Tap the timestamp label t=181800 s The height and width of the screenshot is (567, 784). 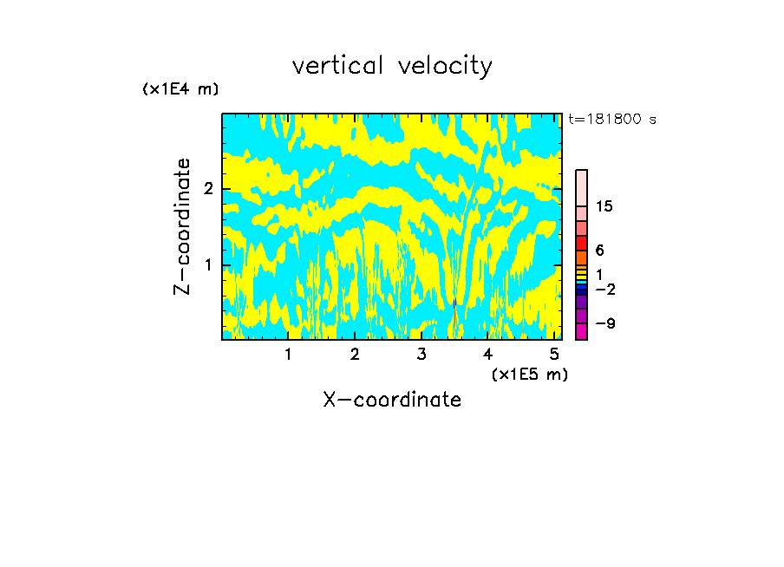[x=611, y=119]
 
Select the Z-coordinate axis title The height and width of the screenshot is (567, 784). [x=182, y=226]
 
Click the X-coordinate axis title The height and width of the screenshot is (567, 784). [x=392, y=400]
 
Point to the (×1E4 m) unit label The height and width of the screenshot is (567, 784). [x=180, y=89]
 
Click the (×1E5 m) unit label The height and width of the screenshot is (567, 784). [x=529, y=374]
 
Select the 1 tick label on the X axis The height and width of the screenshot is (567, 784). [x=288, y=354]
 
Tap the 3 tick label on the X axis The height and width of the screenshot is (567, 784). [x=421, y=354]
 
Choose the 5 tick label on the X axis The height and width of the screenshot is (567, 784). [x=554, y=354]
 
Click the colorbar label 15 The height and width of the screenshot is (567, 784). [x=605, y=206]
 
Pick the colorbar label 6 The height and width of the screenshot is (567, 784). [x=600, y=250]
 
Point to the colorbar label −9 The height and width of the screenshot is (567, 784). [x=605, y=323]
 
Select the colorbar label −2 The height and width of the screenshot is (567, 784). [x=605, y=289]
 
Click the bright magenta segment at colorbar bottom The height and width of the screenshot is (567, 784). [x=581, y=330]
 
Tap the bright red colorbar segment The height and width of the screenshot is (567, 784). [x=581, y=243]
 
